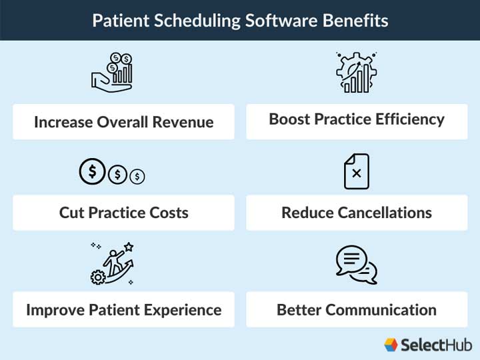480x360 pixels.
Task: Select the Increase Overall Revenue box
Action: point(123,122)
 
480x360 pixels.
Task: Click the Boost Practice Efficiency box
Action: point(357,120)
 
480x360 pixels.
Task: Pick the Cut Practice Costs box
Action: point(123,213)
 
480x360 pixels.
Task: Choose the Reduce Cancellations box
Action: point(357,213)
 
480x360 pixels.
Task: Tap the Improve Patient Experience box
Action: point(123,310)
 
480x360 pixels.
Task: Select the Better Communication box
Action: point(357,310)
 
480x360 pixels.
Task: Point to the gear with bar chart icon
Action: point(356,71)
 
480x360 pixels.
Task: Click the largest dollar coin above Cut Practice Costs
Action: point(92,173)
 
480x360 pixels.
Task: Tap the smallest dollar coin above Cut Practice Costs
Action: point(138,176)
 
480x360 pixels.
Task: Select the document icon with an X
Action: point(357,171)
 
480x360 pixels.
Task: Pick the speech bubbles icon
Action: point(357,264)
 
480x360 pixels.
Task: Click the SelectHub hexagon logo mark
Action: point(391,344)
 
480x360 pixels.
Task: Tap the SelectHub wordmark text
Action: point(436,344)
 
